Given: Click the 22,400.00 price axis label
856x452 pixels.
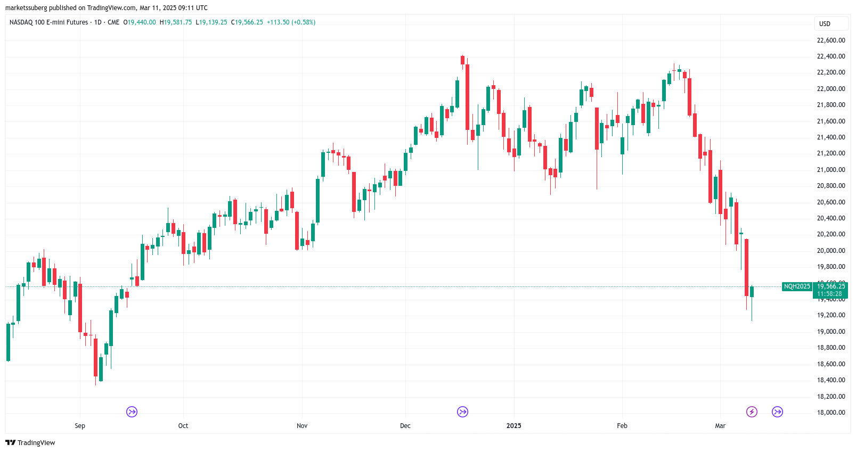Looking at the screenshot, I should [831, 56].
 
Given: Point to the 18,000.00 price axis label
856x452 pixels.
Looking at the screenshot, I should [831, 413].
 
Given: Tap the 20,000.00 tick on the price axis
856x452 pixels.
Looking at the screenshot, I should [831, 251].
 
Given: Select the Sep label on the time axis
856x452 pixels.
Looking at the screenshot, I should [80, 426].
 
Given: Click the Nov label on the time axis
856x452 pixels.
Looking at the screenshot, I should [302, 426].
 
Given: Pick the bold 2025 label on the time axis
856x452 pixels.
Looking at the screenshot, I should [513, 426].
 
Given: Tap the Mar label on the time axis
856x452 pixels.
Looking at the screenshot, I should [720, 426].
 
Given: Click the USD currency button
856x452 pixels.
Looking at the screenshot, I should [825, 24].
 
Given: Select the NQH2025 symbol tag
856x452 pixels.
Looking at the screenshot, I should [796, 286].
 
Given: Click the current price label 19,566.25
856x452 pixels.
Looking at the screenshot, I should [831, 286].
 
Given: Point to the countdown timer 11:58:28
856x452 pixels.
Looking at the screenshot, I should [829, 294].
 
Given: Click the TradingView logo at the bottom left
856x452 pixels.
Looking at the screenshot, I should [30, 442].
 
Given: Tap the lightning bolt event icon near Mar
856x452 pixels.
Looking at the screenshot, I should [752, 412].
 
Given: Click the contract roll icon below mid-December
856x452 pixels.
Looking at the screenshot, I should [462, 412].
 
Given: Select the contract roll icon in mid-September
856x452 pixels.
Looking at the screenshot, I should [132, 412].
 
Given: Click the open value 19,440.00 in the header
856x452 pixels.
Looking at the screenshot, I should [142, 22].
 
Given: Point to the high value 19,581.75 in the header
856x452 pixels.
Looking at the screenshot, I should [178, 22].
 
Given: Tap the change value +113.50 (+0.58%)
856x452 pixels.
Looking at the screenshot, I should [291, 22].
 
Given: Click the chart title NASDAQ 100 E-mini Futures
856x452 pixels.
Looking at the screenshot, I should [48, 22].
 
